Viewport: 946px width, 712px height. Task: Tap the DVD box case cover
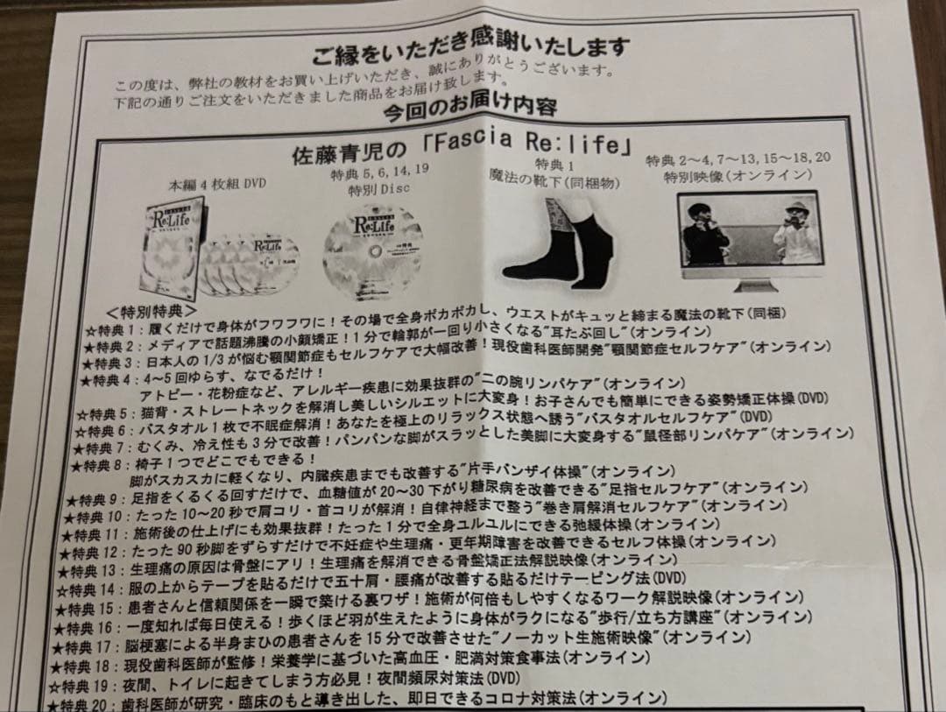point(172,243)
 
